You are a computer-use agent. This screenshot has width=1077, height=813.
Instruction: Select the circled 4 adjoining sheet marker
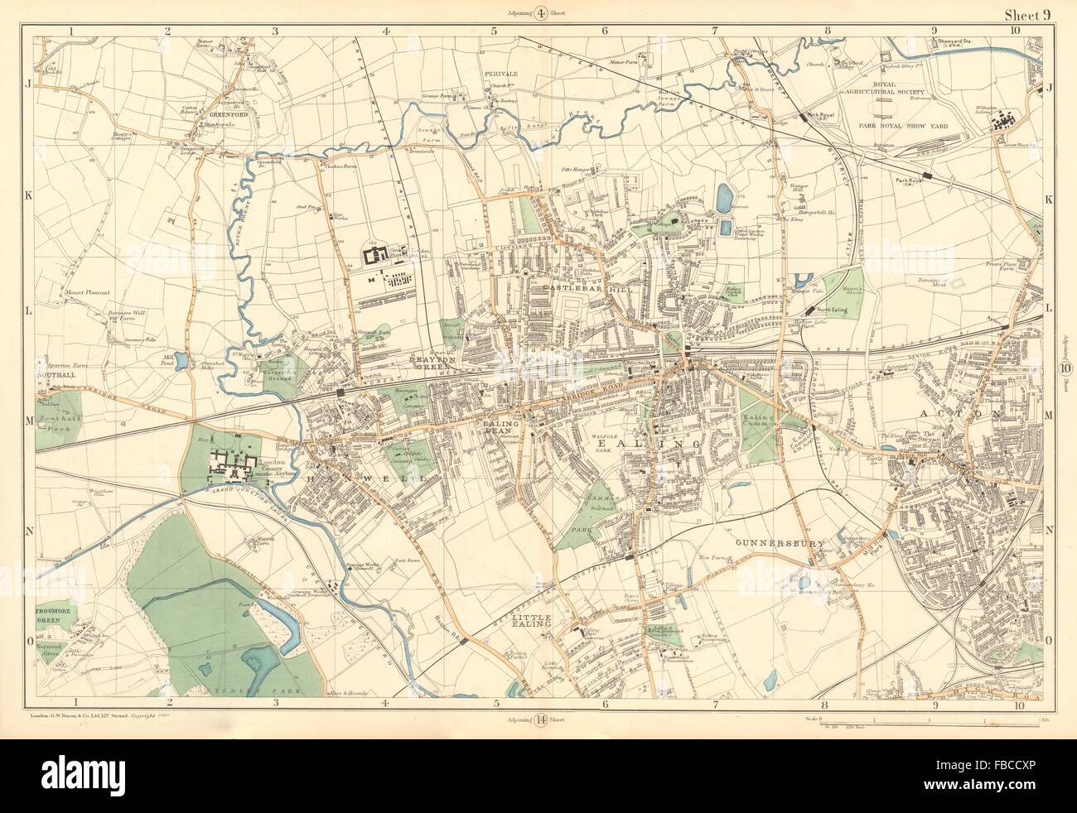[540, 12]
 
